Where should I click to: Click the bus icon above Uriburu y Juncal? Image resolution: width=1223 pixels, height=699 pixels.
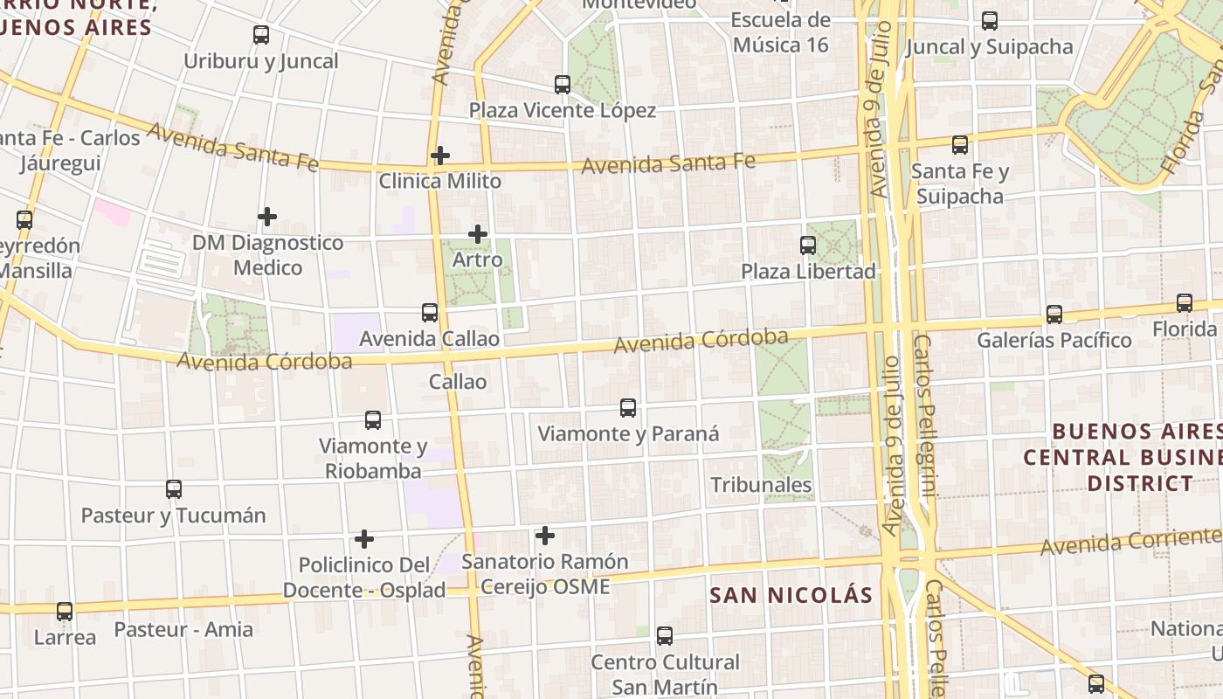point(261,35)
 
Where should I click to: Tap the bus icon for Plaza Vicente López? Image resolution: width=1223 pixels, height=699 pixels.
point(563,85)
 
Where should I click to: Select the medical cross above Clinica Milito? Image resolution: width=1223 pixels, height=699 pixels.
point(440,156)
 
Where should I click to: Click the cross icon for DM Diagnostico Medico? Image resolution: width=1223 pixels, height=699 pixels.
point(267,216)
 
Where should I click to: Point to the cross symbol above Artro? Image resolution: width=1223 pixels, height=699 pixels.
point(478,233)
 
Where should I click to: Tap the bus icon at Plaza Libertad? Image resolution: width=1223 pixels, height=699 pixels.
point(808,246)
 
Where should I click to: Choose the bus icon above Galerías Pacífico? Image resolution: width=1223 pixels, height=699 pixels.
point(1054,315)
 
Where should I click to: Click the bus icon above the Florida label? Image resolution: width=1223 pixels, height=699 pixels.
point(1185,303)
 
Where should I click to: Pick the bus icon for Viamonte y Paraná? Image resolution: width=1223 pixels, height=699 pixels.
point(628,407)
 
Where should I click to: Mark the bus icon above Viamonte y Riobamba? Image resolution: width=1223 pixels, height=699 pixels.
point(373,420)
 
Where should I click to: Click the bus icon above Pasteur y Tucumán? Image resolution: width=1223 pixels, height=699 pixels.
point(174,489)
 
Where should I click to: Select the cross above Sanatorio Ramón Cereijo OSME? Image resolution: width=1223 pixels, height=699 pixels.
point(545,535)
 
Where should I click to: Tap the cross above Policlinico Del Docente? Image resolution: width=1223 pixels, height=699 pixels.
point(364,539)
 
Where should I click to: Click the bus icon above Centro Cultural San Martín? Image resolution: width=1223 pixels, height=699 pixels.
point(665,636)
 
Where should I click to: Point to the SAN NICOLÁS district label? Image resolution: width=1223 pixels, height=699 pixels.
point(791,596)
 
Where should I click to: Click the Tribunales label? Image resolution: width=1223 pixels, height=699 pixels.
point(761,485)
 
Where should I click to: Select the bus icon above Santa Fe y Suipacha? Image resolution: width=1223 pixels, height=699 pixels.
point(960,145)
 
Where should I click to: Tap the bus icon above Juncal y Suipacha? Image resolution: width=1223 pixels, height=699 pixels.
point(990,21)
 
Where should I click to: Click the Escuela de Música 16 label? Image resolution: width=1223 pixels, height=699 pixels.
point(780,32)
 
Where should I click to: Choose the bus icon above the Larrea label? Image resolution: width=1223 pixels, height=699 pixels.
point(65,612)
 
